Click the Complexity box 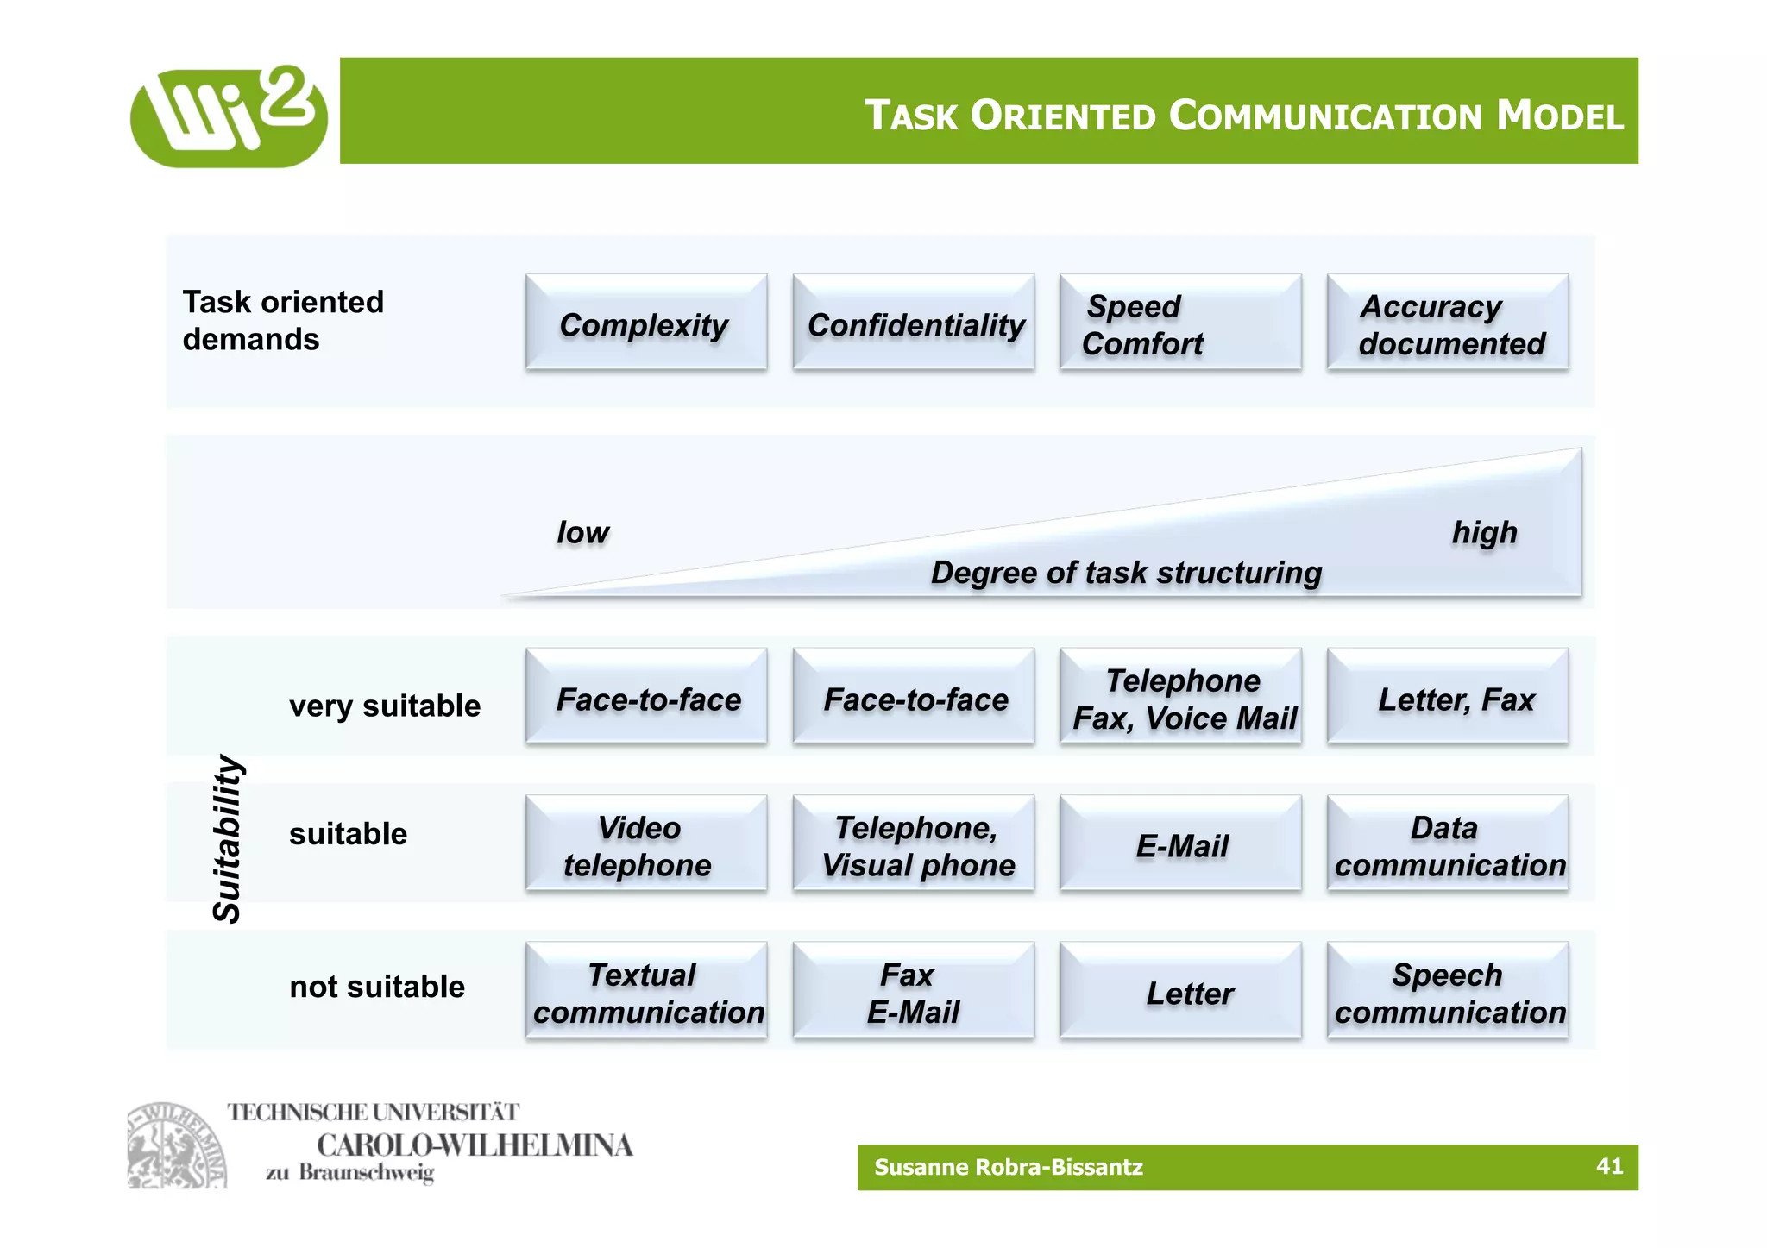pos(645,323)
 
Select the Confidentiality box pos(913,323)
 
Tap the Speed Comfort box pos(1179,323)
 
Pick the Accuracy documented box pos(1447,323)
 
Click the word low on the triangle pos(582,532)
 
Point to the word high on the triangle pos(1484,532)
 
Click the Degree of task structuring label pos(1126,573)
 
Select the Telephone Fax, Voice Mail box pos(1179,697)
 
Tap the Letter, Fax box pos(1447,697)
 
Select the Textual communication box pos(645,991)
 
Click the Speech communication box pos(1447,991)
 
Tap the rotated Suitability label pos(227,838)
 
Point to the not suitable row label pos(377,986)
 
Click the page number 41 pos(1609,1166)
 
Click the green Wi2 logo pos(229,116)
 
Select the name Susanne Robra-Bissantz pos(1008,1167)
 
